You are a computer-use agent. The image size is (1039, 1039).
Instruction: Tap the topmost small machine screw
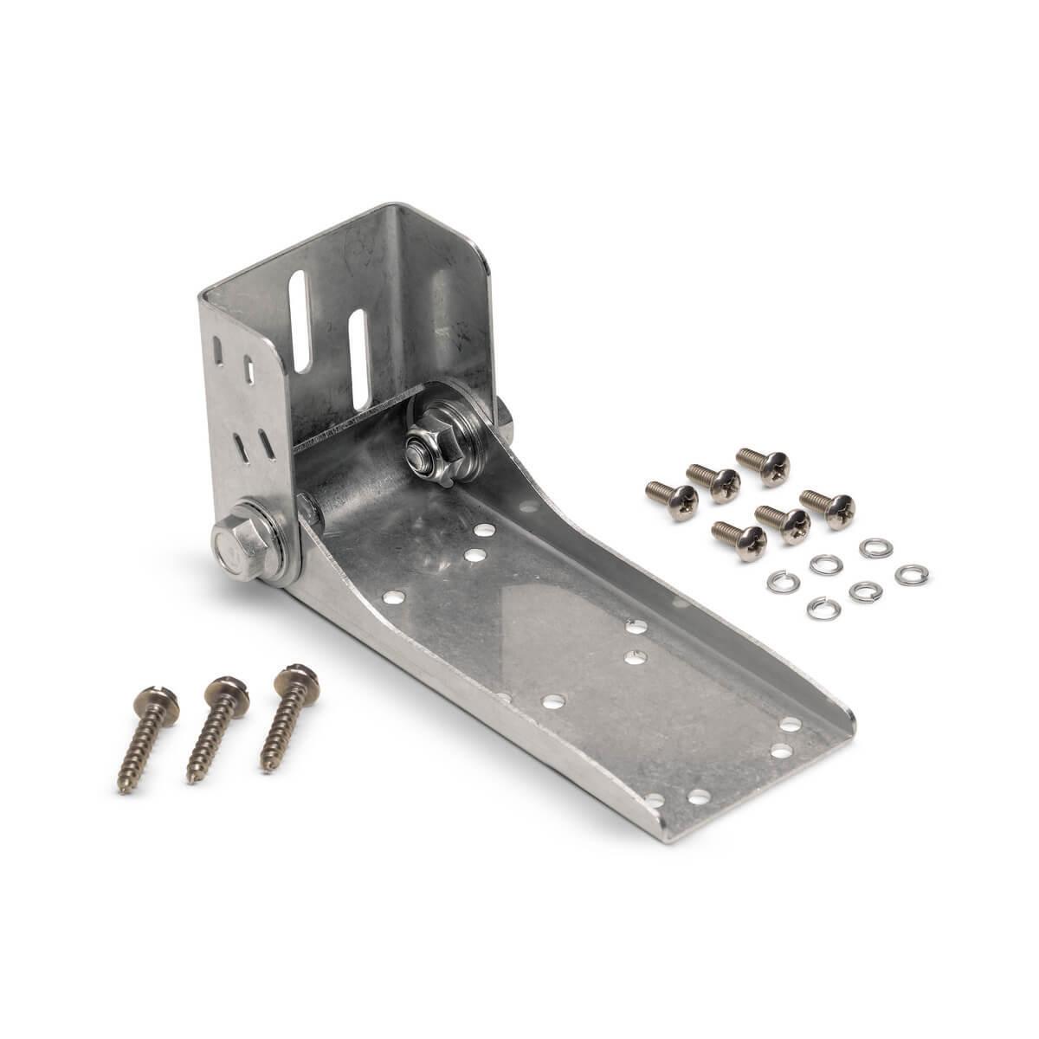point(764,465)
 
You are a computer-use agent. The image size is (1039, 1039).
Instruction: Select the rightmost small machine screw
point(828,508)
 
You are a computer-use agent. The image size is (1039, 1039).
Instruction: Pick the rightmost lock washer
point(907,574)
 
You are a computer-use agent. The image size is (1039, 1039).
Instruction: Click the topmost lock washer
point(870,547)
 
